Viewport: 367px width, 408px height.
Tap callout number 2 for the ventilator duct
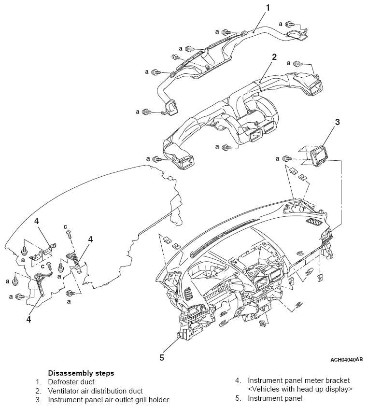(274, 57)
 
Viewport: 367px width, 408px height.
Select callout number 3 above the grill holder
(338, 122)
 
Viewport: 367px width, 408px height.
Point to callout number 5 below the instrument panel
(162, 358)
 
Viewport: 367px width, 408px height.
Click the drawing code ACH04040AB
(346, 360)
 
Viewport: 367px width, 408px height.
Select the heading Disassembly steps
(81, 373)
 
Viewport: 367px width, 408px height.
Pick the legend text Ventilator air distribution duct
(96, 391)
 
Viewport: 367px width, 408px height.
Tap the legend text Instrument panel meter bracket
(298, 381)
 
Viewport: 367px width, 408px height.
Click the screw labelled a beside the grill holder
(287, 158)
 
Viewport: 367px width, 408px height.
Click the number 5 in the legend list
(238, 398)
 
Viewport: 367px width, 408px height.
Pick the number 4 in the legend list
(238, 381)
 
